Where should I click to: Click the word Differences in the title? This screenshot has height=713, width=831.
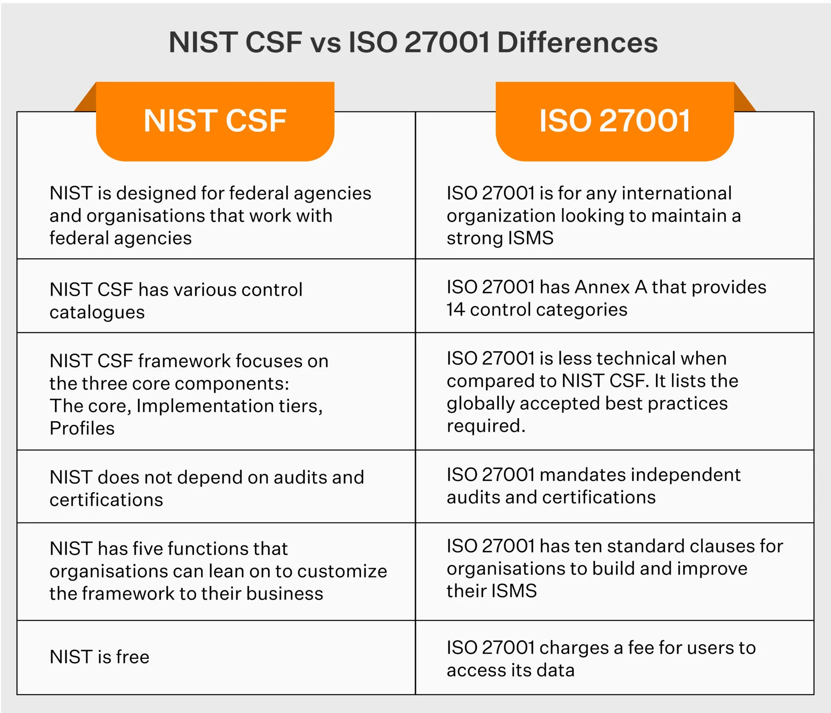click(577, 42)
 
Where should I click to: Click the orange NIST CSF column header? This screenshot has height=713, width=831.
click(215, 121)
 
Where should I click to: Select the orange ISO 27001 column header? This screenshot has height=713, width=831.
click(615, 121)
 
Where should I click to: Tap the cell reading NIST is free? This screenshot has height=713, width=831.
click(100, 657)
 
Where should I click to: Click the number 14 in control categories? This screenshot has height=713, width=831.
click(455, 310)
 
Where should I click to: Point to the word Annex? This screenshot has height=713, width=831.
click(602, 287)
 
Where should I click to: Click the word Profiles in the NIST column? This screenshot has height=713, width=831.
click(82, 428)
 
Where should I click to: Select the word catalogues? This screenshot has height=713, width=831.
click(97, 312)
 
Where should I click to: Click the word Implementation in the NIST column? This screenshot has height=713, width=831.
click(204, 406)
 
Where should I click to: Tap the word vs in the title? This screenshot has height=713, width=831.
click(325, 42)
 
